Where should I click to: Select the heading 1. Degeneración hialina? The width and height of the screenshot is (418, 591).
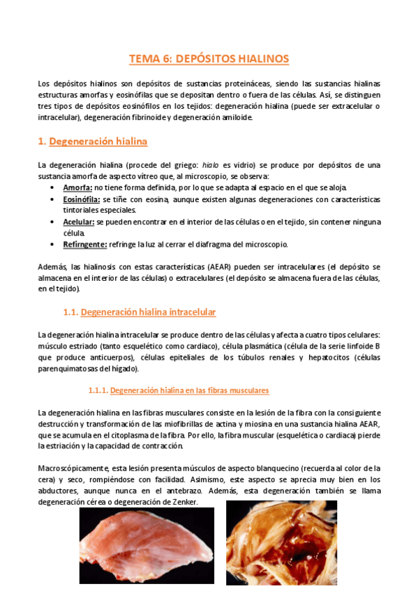[x=93, y=141]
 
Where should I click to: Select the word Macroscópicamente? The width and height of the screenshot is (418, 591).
[x=73, y=468]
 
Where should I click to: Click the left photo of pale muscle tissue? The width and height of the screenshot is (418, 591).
[x=147, y=546]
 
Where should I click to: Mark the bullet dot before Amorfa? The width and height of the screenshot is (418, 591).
[x=55, y=189]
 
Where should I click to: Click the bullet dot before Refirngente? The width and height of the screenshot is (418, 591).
[x=55, y=245]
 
